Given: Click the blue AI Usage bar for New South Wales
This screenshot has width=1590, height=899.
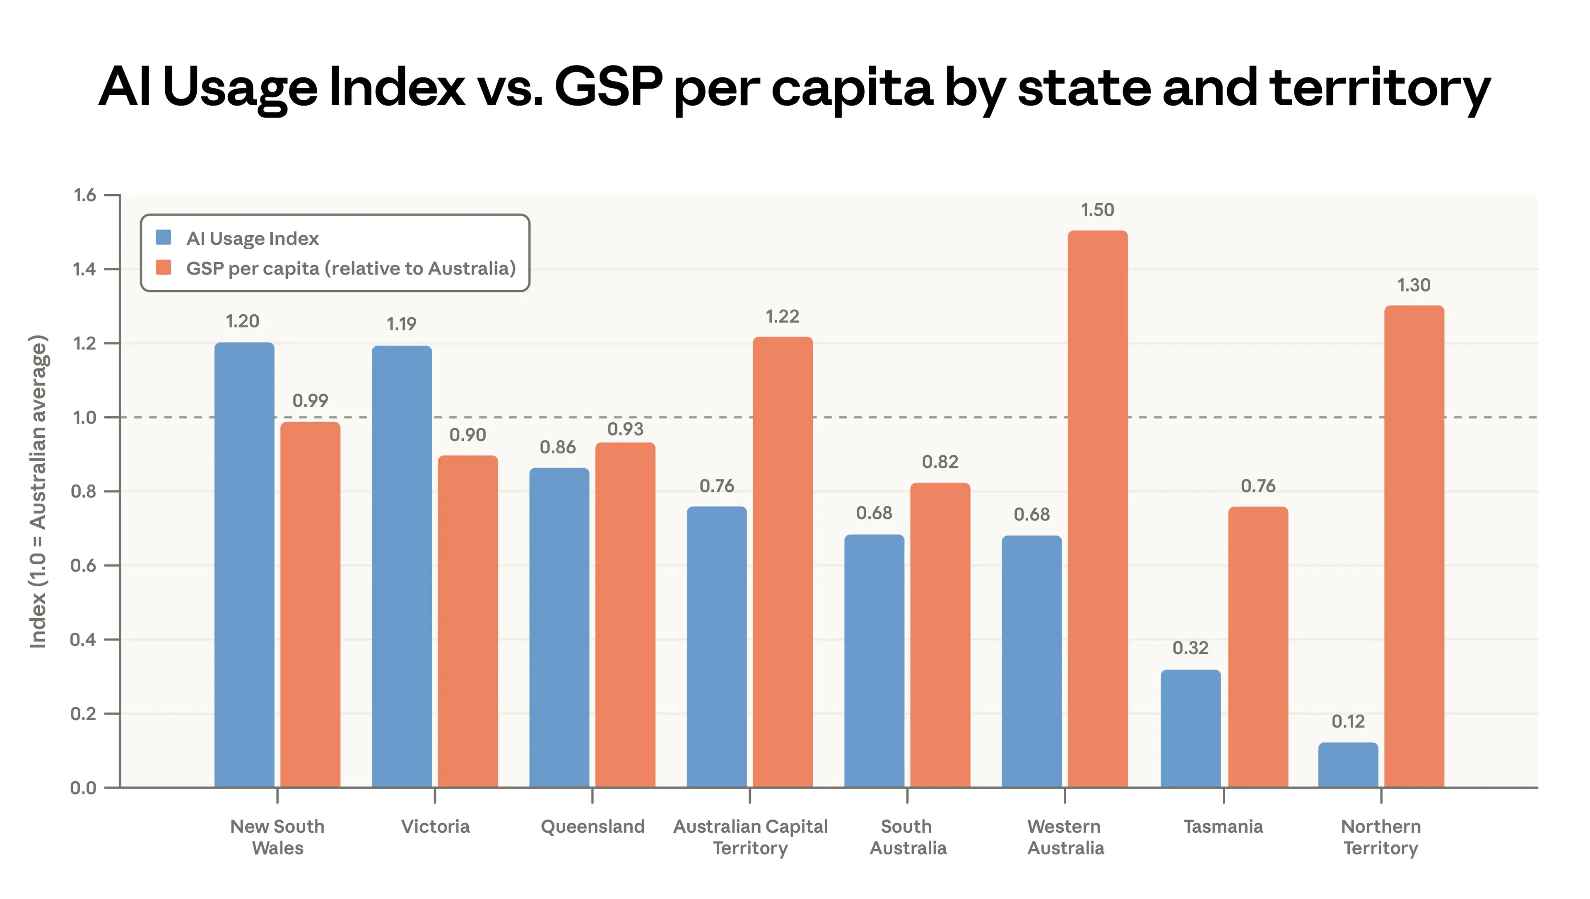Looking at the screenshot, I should (244, 564).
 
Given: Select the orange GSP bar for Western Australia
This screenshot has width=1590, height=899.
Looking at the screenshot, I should (1097, 509).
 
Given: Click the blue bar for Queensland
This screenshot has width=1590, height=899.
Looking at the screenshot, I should (559, 627).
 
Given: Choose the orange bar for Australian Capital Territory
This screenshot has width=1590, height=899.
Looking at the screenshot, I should (783, 562).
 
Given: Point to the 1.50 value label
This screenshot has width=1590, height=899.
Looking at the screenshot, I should (1097, 210).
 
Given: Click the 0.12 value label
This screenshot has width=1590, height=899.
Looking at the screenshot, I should (1348, 721).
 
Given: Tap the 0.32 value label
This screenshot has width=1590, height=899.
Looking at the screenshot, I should (1190, 648).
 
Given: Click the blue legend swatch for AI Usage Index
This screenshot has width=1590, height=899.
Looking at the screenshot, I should (164, 238).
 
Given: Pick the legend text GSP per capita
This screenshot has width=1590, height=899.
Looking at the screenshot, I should (351, 269).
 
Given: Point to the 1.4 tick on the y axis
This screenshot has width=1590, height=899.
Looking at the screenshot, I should (84, 269).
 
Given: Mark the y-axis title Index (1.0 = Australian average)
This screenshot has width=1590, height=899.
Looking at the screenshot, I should (38, 492).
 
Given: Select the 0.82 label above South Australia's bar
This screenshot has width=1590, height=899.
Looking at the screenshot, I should (940, 462).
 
